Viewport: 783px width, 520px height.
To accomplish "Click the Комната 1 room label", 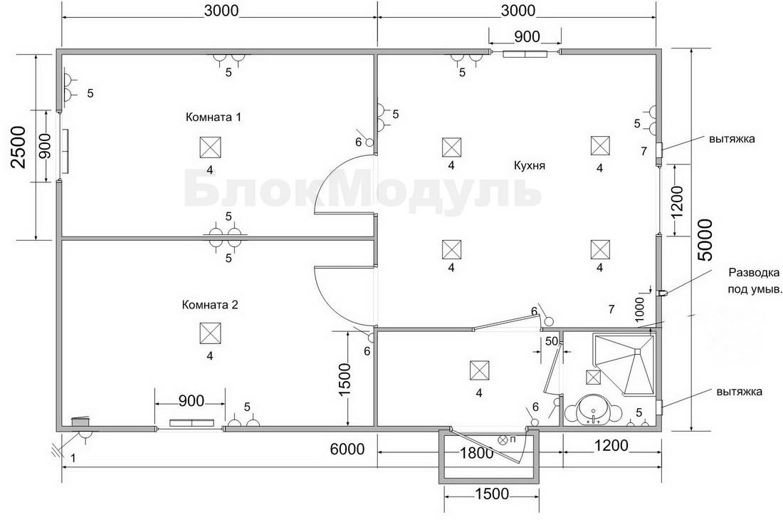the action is click(214, 118).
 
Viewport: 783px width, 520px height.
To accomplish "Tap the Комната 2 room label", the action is click(210, 305).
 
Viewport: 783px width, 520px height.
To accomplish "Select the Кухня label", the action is click(530, 165).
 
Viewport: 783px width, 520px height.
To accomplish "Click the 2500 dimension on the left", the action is click(19, 147).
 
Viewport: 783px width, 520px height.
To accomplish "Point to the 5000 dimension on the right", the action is click(705, 240).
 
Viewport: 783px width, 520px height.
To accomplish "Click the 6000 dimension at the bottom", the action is click(347, 449).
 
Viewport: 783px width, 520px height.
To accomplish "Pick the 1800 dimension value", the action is click(476, 452).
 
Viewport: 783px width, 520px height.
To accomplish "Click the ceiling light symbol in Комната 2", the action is click(210, 333).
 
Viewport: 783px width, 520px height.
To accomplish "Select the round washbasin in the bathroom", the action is click(593, 410).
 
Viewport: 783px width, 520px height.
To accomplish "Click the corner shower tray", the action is click(624, 365).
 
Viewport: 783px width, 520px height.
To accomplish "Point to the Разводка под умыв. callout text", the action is click(755, 281).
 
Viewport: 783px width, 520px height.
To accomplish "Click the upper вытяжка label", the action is click(732, 139).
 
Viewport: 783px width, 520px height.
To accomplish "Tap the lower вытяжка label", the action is click(739, 392).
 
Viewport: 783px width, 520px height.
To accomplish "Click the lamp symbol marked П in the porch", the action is click(503, 440).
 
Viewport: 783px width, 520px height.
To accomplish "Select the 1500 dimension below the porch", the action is click(491, 494).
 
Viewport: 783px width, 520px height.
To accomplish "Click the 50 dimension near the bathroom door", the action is click(551, 342).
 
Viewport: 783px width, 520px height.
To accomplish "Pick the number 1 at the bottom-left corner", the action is click(73, 458).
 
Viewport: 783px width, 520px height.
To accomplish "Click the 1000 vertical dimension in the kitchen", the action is click(641, 308).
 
